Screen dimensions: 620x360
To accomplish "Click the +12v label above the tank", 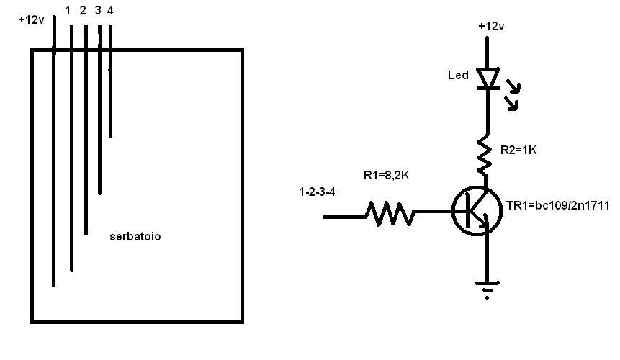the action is pos(31,19).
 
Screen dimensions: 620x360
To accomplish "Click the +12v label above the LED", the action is pos(491,27).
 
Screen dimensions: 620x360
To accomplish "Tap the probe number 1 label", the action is pos(68,11).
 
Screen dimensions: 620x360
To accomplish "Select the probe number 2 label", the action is pos(83,11).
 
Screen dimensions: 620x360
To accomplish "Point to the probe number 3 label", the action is pos(98,11).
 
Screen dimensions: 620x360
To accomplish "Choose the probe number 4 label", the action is pos(110,11).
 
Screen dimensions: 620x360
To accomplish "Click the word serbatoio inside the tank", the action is pos(135,236).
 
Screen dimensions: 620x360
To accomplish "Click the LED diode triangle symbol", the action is pos(488,78).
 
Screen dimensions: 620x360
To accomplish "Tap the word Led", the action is pos(458,75).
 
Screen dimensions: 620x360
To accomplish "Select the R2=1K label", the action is pos(518,150).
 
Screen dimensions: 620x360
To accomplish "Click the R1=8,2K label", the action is pos(386,175).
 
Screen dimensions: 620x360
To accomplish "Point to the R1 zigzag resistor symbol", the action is pos(390,214).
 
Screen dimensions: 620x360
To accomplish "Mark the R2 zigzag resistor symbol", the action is pos(485,154).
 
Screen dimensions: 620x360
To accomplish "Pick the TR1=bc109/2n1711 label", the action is pos(557,205).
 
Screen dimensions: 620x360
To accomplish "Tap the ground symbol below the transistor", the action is pos(487,289).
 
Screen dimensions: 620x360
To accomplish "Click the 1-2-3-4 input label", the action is pos(317,192).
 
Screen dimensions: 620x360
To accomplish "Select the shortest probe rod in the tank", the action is pos(110,81).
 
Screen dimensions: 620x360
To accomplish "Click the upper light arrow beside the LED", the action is pos(513,86).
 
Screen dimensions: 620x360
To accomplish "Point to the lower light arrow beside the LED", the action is pos(511,104).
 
